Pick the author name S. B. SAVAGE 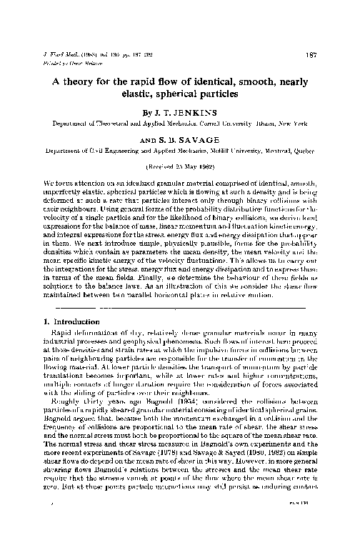(189, 140)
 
